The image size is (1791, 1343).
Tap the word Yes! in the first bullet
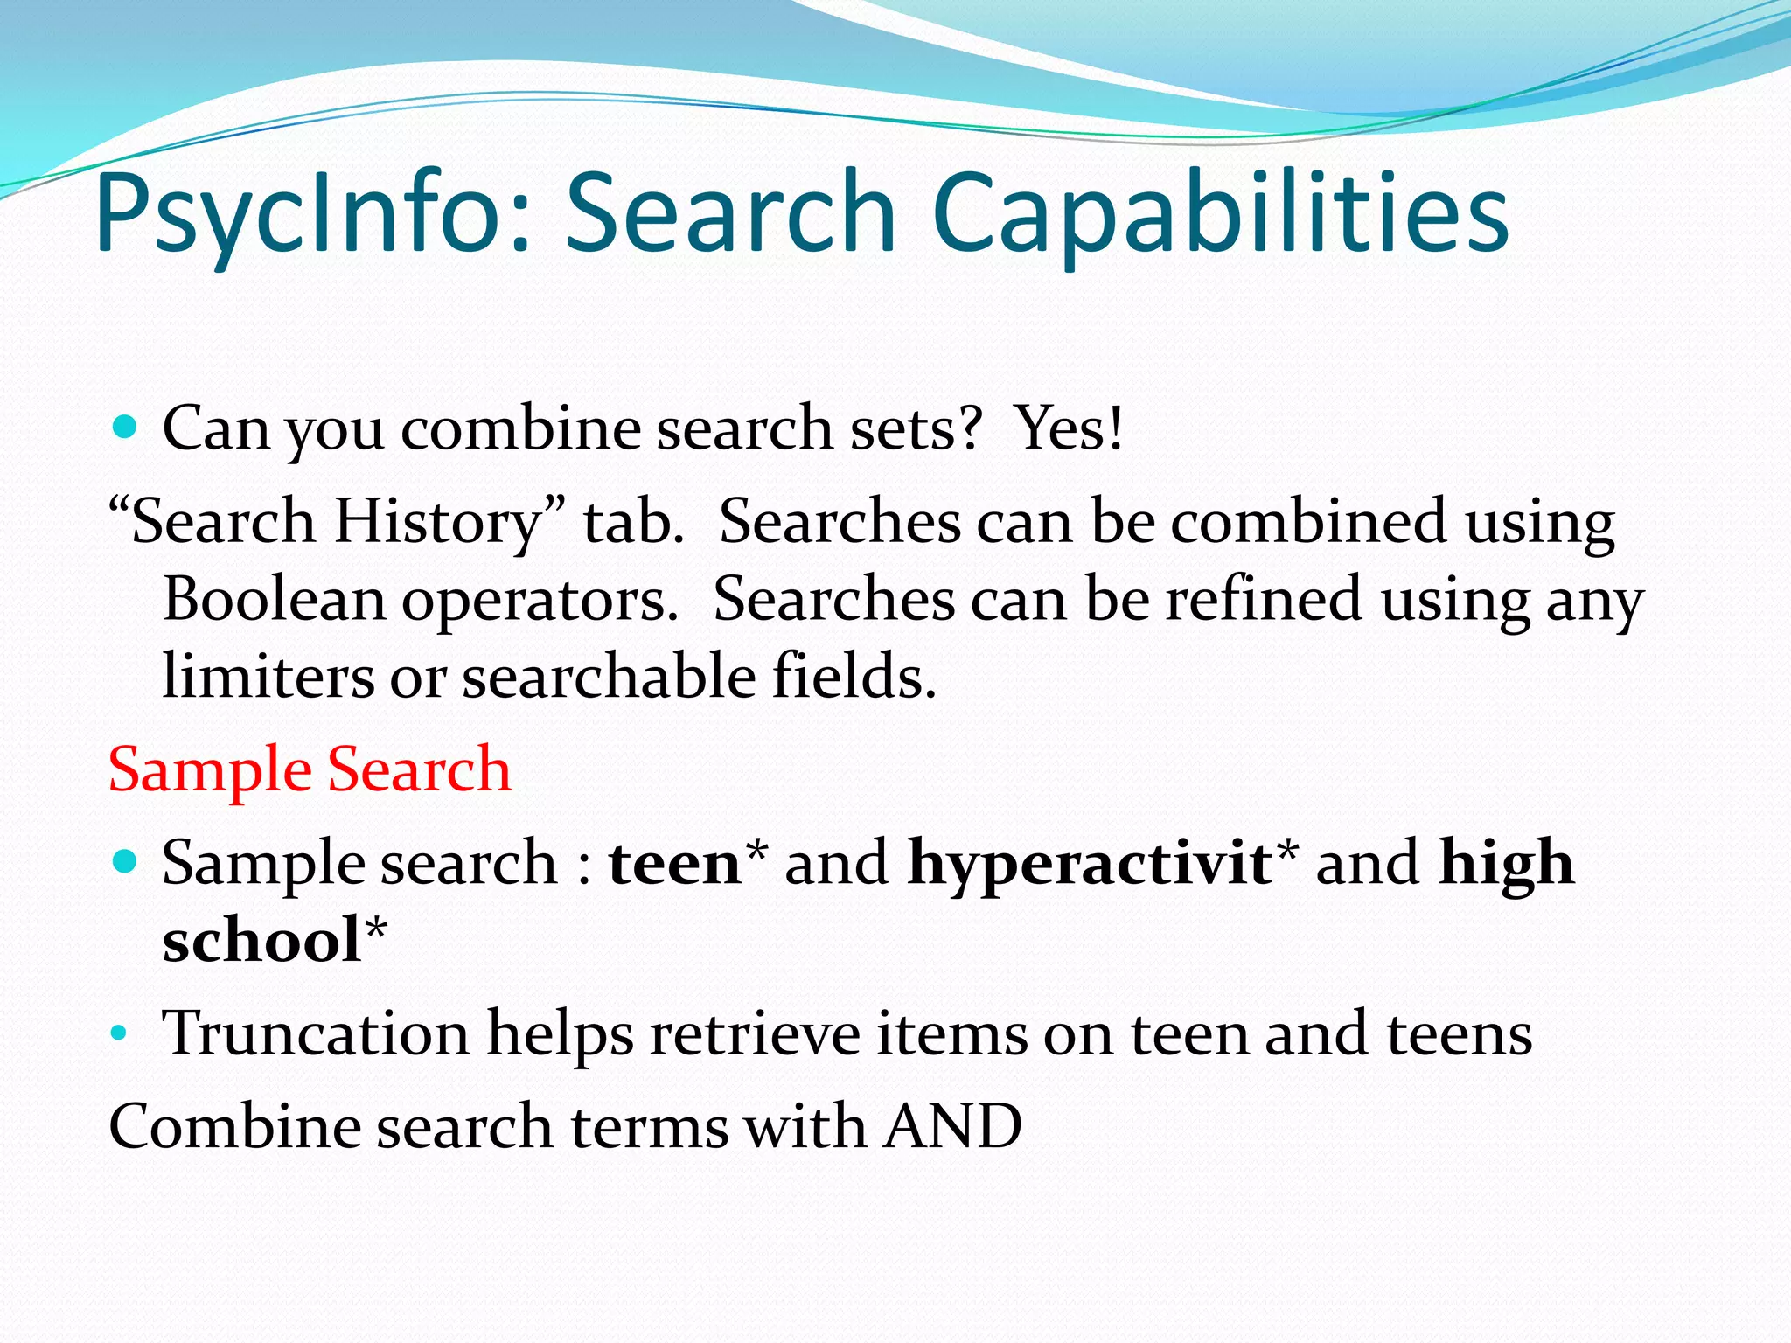pos(1070,428)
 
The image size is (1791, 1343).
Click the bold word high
pos(1506,864)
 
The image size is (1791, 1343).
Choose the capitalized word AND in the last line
pos(952,1126)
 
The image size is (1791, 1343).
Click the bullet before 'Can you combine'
pos(126,428)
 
